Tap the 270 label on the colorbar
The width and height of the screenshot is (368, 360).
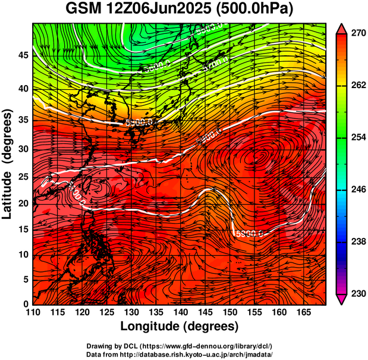[357, 34]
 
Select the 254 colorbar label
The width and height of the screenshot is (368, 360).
[357, 137]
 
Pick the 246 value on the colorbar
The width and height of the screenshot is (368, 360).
[357, 190]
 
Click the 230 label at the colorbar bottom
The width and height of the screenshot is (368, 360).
[357, 293]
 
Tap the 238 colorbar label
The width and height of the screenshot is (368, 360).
[357, 242]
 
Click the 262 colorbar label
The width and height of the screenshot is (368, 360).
[357, 86]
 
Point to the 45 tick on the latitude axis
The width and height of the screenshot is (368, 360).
[23, 55]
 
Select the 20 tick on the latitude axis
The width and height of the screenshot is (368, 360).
[23, 203]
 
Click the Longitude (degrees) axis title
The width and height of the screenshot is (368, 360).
[180, 326]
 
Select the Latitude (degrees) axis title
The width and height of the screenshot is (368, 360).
[8, 164]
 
